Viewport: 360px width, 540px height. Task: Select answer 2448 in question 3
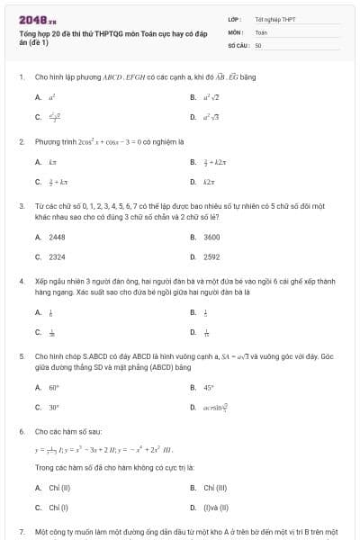tap(56, 237)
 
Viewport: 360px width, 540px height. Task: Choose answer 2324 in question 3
tap(56, 256)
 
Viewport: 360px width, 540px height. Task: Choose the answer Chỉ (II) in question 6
tap(59, 487)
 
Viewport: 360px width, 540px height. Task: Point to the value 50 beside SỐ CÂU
tap(258, 44)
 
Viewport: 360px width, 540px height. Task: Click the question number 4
tap(21, 281)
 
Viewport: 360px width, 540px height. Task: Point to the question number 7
tap(21, 532)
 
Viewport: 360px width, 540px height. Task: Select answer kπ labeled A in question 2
tap(53, 162)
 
